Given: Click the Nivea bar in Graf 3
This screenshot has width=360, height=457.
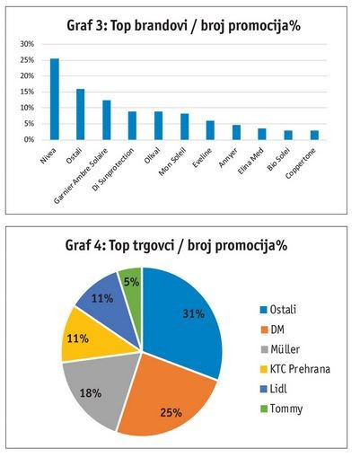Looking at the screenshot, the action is click(55, 99).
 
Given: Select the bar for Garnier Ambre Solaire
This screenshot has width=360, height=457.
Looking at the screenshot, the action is click(107, 120).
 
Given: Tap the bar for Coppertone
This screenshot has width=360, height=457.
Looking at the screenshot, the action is click(314, 136).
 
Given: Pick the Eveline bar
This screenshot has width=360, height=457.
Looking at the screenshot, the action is click(210, 130).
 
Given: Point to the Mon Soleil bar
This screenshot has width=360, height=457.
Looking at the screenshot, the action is click(185, 127).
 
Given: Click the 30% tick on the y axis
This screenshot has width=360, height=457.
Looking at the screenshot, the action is click(27, 44).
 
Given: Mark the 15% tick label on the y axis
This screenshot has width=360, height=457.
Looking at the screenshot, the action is click(27, 92).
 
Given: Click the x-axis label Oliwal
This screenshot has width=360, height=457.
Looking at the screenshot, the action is click(153, 155).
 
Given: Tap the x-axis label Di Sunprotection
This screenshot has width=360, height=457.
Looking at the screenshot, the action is click(113, 170).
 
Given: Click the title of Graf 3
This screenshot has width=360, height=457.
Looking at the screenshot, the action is click(184, 26).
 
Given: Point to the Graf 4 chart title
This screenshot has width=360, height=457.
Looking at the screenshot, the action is click(176, 246).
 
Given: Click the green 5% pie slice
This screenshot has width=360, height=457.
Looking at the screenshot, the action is click(131, 283).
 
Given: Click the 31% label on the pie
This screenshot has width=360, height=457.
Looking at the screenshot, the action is click(194, 313).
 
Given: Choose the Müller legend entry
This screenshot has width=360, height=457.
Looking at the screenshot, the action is click(280, 349).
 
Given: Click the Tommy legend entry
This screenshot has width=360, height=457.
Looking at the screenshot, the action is click(281, 409).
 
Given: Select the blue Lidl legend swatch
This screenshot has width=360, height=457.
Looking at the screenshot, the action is click(264, 389).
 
